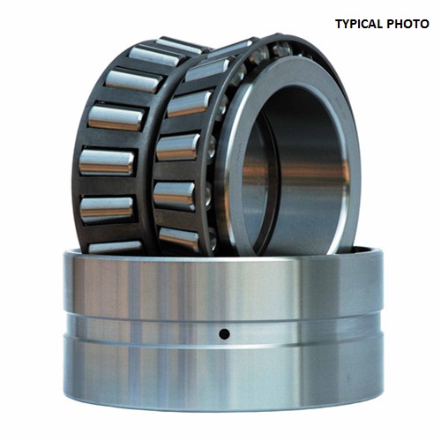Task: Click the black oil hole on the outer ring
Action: (225, 334)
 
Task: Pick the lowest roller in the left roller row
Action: (115, 247)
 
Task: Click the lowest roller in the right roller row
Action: (179, 238)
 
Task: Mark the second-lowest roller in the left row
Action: (107, 209)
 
